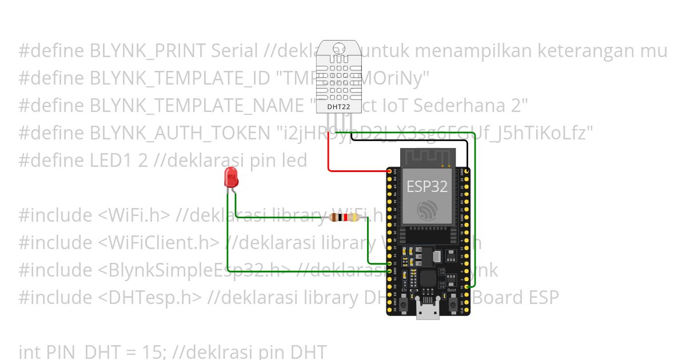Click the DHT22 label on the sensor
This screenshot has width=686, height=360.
click(x=338, y=106)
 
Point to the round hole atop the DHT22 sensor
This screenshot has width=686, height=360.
click(x=338, y=50)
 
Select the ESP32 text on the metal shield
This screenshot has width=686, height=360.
click(x=426, y=186)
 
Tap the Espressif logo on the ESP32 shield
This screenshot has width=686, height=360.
click(x=428, y=211)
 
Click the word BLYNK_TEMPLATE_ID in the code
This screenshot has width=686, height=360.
click(x=180, y=78)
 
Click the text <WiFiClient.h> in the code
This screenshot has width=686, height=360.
click(x=158, y=243)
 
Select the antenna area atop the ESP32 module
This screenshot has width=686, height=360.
click(x=428, y=157)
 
